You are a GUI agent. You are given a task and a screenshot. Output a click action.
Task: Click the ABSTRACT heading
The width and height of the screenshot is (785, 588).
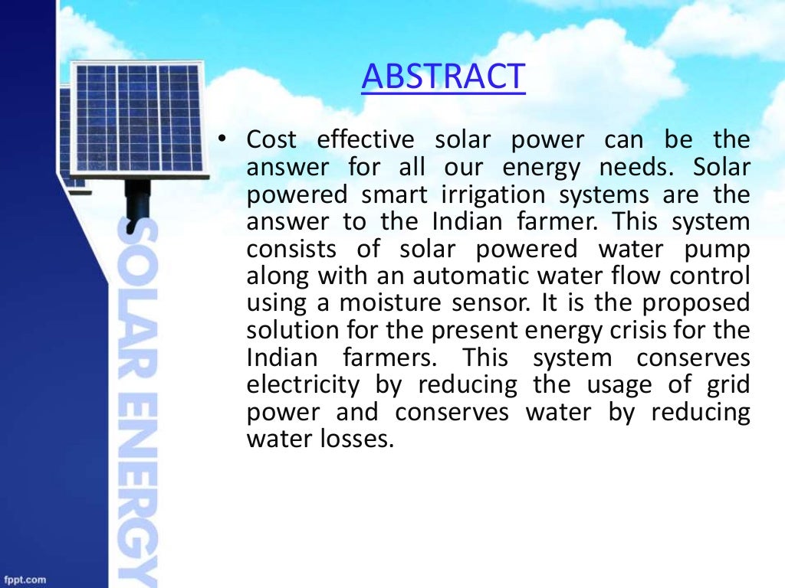(443, 77)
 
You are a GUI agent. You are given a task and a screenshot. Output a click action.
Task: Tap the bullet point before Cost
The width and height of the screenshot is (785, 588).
(222, 139)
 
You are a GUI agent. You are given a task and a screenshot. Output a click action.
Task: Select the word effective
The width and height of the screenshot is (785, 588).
(365, 141)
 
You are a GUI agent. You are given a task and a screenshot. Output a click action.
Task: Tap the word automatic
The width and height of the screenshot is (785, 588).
(447, 276)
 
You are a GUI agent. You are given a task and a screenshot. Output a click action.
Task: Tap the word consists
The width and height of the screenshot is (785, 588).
(295, 250)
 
